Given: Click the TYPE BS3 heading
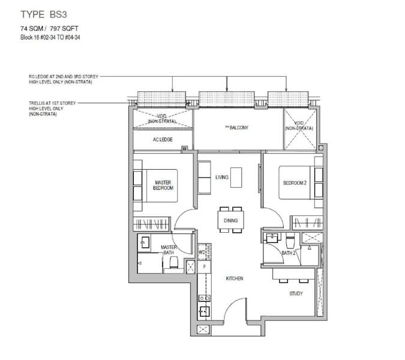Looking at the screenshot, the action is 44,14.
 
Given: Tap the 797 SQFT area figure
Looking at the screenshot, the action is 64,28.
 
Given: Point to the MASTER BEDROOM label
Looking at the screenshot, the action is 163,185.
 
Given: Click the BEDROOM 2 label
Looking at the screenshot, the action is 295,183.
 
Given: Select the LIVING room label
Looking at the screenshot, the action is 222,177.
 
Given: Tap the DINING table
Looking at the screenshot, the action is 230,220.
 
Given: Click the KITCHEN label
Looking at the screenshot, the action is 235,278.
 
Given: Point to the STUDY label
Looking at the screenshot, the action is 296,293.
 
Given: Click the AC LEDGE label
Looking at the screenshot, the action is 163,139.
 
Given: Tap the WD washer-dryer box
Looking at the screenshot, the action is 202,252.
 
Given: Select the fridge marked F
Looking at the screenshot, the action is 205,267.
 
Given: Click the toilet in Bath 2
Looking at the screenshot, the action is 290,241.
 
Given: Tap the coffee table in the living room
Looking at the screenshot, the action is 236,178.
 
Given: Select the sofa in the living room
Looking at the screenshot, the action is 204,178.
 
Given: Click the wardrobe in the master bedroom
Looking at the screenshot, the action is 152,224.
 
